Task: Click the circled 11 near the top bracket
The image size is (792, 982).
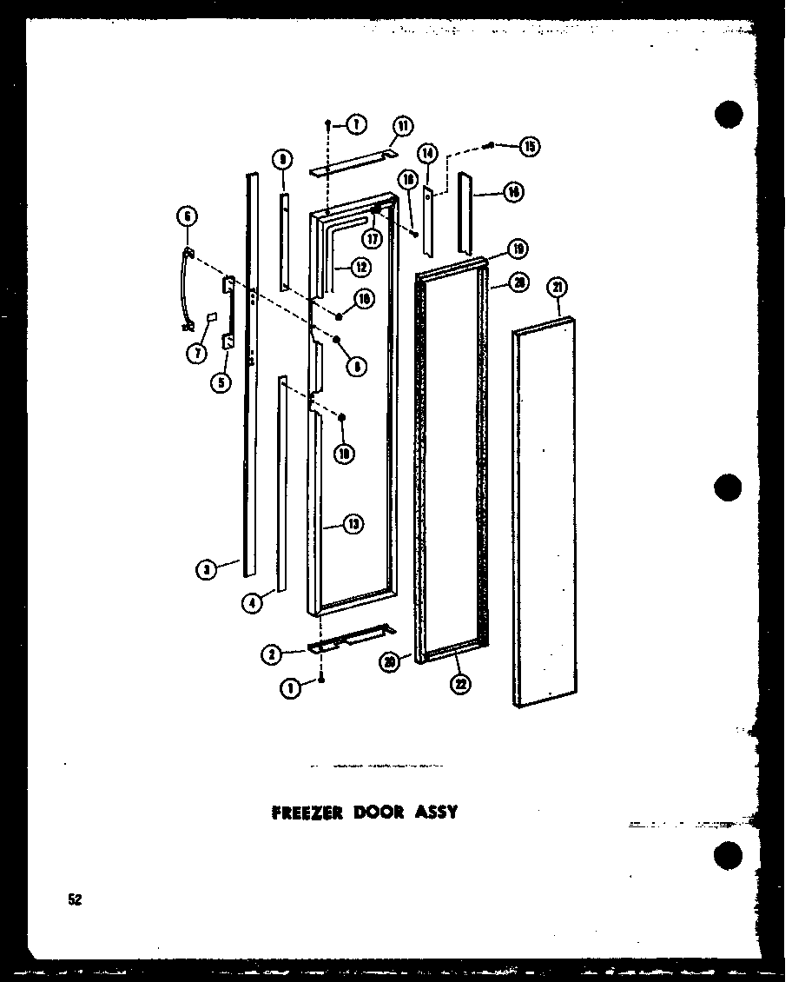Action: pos(403,126)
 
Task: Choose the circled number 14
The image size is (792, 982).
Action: pos(427,154)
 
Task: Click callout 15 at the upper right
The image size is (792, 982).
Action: pos(529,146)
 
